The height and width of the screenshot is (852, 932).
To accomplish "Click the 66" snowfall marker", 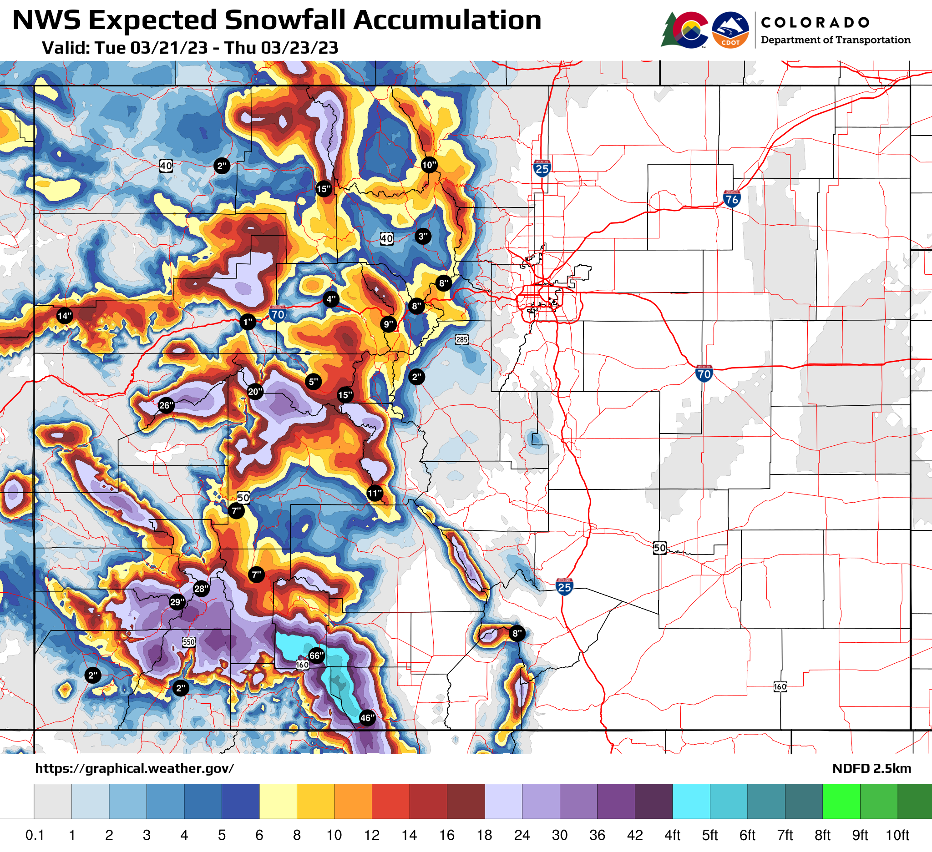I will coord(316,655).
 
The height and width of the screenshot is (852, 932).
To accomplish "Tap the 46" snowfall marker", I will coord(367,717).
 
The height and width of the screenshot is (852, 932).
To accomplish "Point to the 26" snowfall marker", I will coord(166,406).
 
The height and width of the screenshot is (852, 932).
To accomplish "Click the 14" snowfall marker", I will coord(65,316).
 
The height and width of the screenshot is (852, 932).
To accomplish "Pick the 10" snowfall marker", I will coord(429,165).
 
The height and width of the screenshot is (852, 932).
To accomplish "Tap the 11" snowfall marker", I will coord(375,494).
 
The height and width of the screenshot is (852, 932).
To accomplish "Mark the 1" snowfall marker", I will coord(248,322).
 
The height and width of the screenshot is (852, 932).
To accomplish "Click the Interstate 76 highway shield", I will coord(732,198).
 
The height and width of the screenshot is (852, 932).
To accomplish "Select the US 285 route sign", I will coord(462,340).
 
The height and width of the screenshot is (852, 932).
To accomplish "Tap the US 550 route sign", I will coord(188,642).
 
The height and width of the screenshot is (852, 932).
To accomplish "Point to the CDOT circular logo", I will coord(730,30).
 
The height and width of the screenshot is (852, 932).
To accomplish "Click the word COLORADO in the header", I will coord(815,22).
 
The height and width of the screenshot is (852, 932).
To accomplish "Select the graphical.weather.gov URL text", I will coord(135,768).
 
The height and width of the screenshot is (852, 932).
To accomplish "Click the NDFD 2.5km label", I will coord(871,768).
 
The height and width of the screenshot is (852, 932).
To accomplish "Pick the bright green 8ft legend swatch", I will coord(841,801).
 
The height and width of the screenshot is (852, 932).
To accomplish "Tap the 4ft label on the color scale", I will coord(672,835).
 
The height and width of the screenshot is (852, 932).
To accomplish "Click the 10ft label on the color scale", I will coord(897,835).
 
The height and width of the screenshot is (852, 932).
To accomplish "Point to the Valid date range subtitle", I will coord(190,48).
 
